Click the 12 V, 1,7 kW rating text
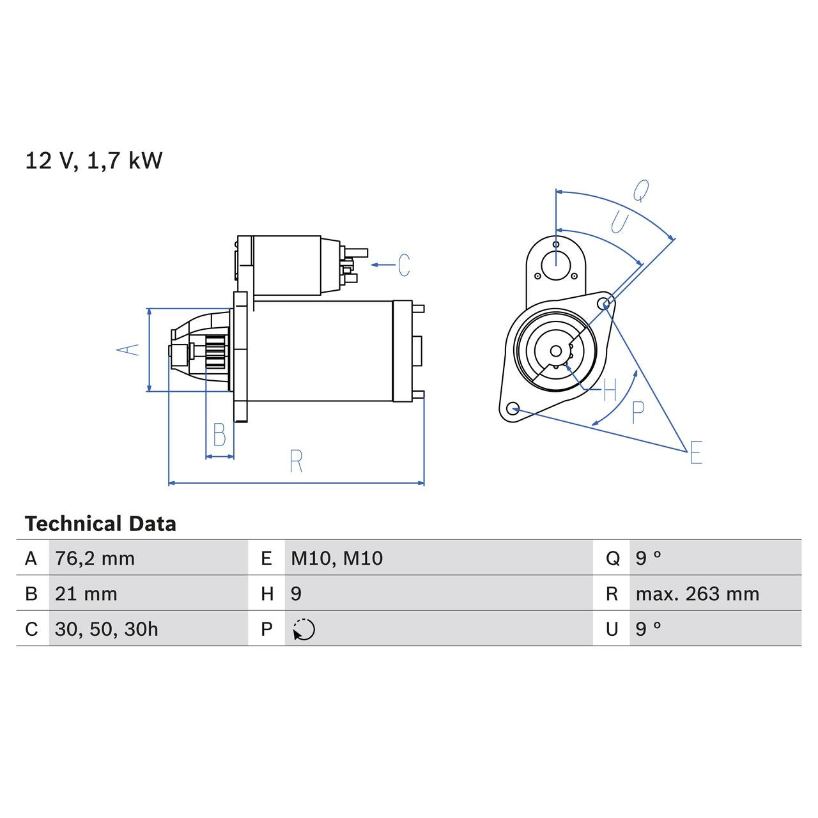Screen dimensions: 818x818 [94, 160]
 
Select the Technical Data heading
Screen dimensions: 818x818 [100, 524]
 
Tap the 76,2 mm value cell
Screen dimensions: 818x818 [95, 559]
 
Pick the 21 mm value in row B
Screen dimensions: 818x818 [86, 594]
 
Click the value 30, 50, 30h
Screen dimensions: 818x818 [106, 629]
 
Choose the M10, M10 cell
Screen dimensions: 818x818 [337, 559]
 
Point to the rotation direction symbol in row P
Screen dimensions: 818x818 [304, 629]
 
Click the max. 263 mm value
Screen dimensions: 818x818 [697, 594]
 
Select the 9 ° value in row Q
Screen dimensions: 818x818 [648, 559]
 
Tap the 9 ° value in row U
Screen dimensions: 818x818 [648, 629]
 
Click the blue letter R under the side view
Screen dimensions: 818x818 [295, 461]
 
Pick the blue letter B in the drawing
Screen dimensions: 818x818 [219, 436]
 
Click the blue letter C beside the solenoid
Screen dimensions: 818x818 [404, 265]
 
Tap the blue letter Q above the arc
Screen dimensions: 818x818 [640, 190]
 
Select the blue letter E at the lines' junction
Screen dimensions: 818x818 [696, 452]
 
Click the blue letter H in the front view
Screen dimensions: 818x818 [610, 389]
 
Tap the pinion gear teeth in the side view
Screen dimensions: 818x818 [217, 351]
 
